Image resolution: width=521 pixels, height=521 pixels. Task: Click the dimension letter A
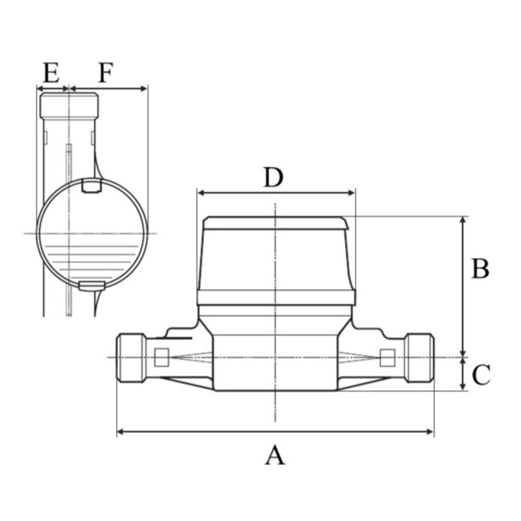pyautogui.click(x=275, y=455)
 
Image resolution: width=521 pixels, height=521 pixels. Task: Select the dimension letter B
pyautogui.click(x=481, y=268)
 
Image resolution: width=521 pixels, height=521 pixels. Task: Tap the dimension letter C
pyautogui.click(x=481, y=374)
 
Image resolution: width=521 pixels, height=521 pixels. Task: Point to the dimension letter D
pyautogui.click(x=273, y=177)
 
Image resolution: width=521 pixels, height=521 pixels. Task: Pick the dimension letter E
pyautogui.click(x=51, y=72)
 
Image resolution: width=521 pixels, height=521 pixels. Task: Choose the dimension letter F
pyautogui.click(x=106, y=72)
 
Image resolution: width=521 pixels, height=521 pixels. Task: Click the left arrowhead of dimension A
pyautogui.click(x=121, y=432)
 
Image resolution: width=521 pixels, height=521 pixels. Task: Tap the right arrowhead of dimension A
pyautogui.click(x=430, y=432)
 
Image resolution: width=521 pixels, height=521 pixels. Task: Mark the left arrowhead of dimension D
pyautogui.click(x=201, y=193)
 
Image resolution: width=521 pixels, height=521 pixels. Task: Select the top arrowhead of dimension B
pyautogui.click(x=462, y=220)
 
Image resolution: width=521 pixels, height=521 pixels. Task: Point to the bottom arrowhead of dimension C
pyautogui.click(x=462, y=386)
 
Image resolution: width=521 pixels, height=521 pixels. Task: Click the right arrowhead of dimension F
pyautogui.click(x=143, y=89)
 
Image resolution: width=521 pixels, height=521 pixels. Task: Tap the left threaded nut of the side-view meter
pyautogui.click(x=131, y=358)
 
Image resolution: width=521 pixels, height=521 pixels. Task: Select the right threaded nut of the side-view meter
pyautogui.click(x=419, y=358)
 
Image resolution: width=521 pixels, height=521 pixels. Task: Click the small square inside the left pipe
pyautogui.click(x=162, y=358)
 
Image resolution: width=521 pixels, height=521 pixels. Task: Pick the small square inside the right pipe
pyautogui.click(x=387, y=358)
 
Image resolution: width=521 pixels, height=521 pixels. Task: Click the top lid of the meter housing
pyautogui.click(x=275, y=223)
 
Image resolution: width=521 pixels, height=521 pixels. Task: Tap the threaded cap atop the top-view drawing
pyautogui.click(x=69, y=106)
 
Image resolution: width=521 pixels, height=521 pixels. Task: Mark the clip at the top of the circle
pyautogui.click(x=91, y=186)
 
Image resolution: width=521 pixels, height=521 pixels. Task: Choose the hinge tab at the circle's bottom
pyautogui.click(x=92, y=286)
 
